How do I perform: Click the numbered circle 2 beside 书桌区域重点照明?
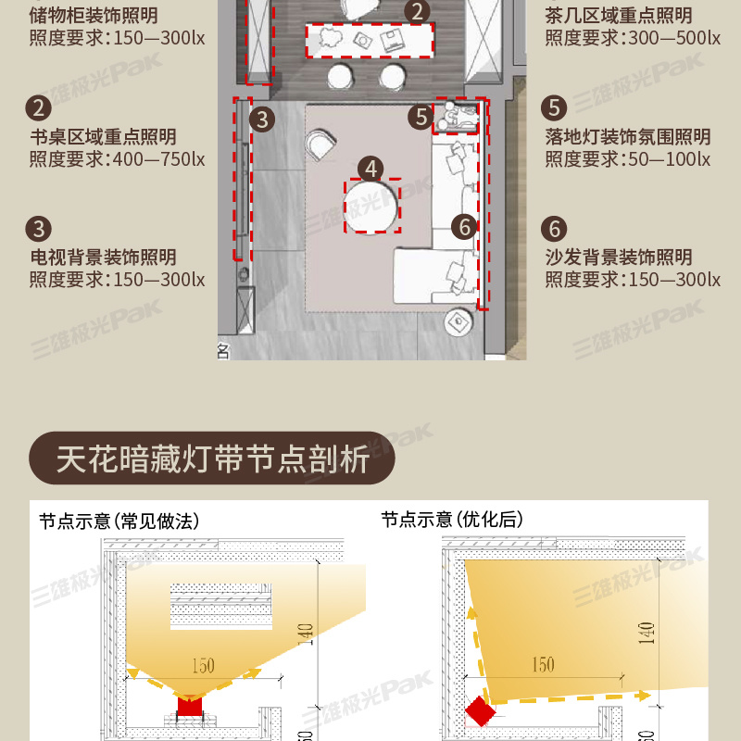point(38,107)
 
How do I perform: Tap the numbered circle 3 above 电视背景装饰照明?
point(38,229)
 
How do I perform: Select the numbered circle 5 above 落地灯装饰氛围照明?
point(554,107)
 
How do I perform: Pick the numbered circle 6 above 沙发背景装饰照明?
point(554,229)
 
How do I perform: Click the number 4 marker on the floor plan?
point(371,169)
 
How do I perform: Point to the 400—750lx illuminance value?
point(158,159)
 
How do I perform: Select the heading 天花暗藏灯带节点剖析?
point(213,458)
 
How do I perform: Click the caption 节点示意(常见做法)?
point(119,521)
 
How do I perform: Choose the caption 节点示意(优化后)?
point(452,520)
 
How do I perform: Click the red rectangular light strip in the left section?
point(190,706)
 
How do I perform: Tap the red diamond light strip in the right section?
point(480,710)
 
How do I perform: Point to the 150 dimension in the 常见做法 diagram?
point(203,666)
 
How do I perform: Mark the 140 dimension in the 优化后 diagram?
point(646,634)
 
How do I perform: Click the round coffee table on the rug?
point(370,207)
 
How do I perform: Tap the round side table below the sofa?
point(458,322)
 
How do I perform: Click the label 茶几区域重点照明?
point(619,16)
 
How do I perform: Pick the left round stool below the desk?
point(340,77)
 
